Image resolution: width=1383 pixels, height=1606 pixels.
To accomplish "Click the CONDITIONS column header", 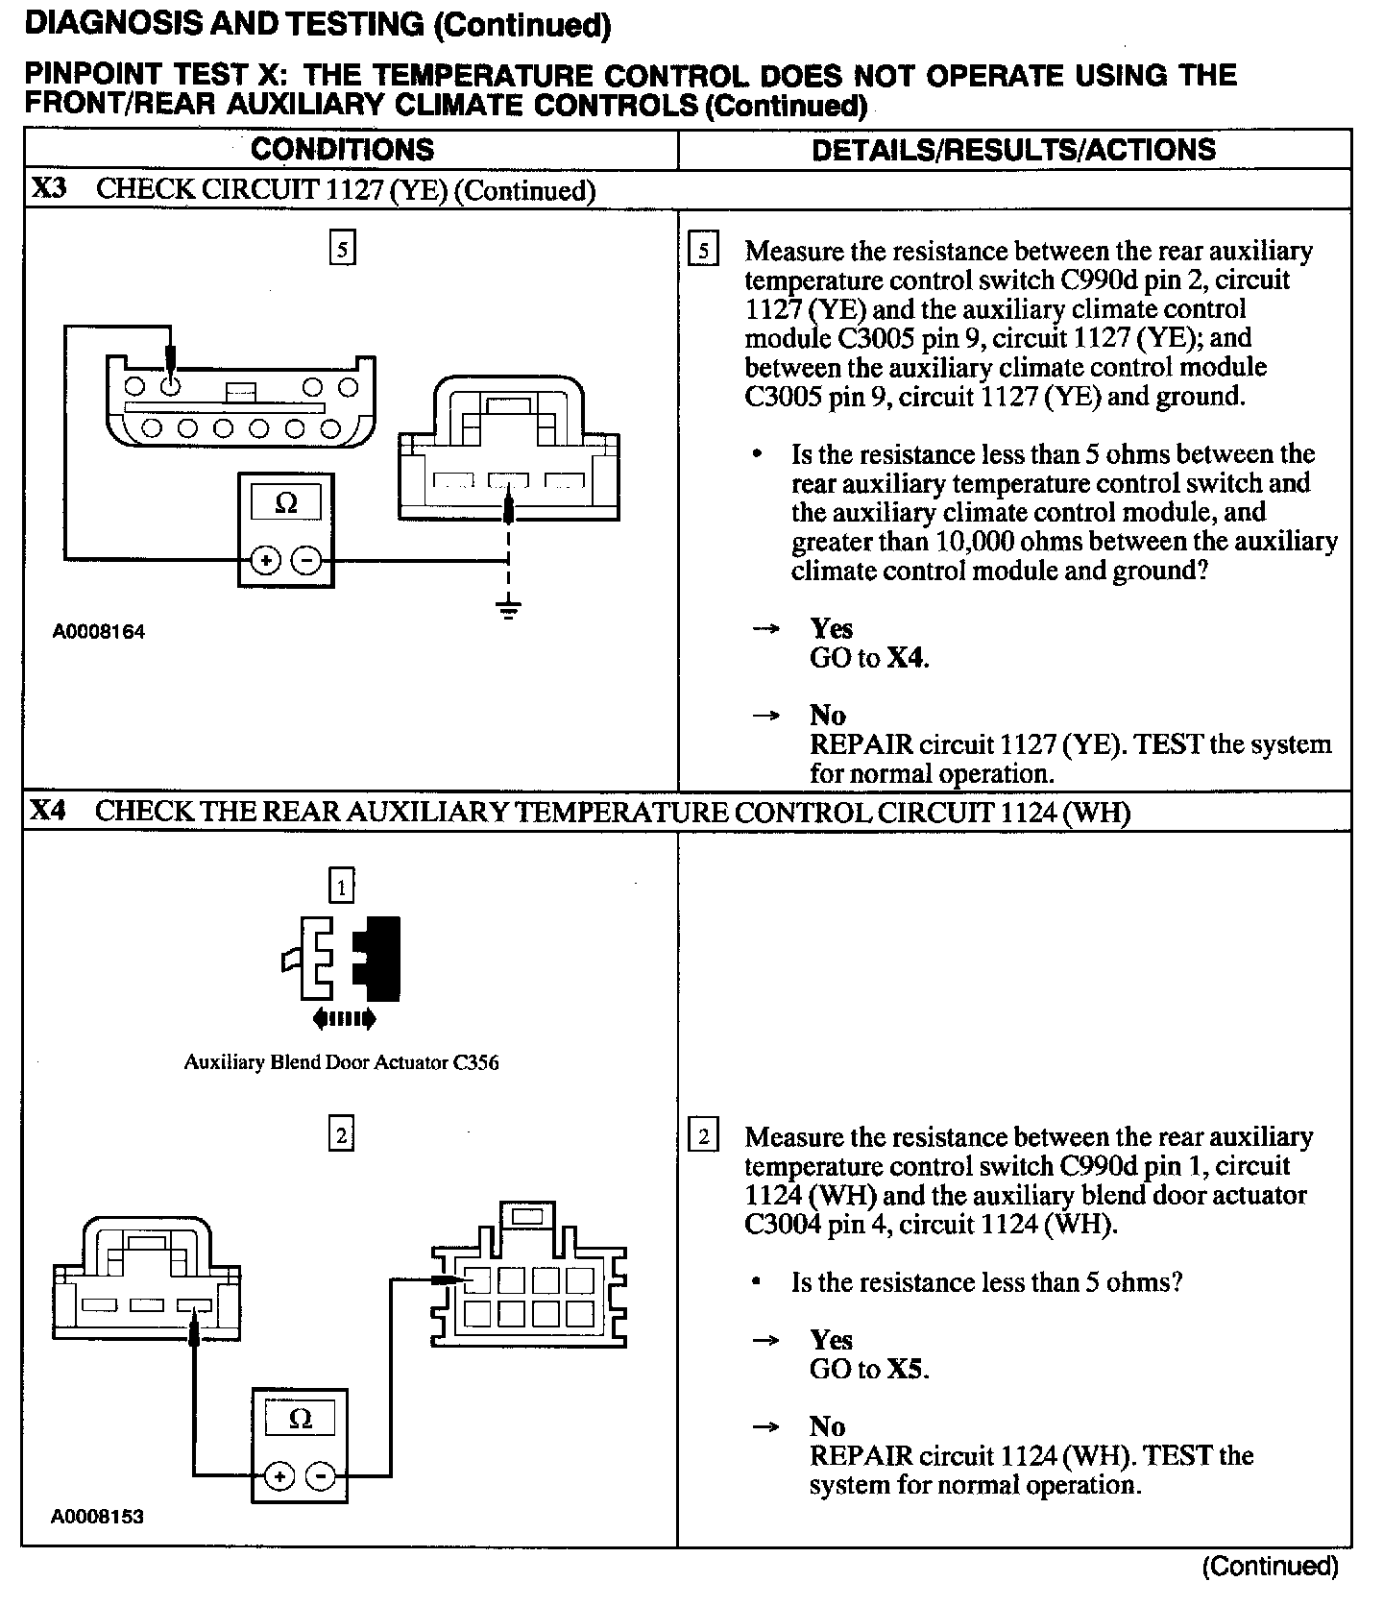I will pyautogui.click(x=342, y=150).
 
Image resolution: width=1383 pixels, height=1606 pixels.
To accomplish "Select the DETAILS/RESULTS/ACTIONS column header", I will pyautogui.click(x=1013, y=150).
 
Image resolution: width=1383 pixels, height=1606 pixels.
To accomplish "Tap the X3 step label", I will pyautogui.click(x=48, y=188).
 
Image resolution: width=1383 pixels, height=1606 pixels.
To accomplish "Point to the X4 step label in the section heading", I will pyautogui.click(x=48, y=811).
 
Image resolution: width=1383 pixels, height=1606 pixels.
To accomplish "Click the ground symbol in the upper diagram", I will pyautogui.click(x=509, y=609).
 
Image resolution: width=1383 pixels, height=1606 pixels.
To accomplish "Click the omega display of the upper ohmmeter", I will pyautogui.click(x=286, y=502).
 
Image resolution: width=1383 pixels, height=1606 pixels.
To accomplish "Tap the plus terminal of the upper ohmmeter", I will pyautogui.click(x=266, y=560).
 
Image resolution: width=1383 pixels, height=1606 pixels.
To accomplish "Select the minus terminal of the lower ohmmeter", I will pyautogui.click(x=324, y=1475).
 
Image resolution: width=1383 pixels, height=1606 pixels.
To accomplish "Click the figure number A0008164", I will pyautogui.click(x=99, y=632).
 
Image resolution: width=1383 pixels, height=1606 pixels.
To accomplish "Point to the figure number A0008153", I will pyautogui.click(x=98, y=1517).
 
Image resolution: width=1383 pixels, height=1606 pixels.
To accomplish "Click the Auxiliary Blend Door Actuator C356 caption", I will pyautogui.click(x=341, y=1062).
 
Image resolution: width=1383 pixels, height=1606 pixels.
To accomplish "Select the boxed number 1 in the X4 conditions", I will pyautogui.click(x=341, y=886).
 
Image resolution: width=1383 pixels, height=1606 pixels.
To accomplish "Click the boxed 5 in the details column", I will pyautogui.click(x=704, y=252).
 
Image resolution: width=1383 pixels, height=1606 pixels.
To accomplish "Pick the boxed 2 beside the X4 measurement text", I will pyautogui.click(x=704, y=1137).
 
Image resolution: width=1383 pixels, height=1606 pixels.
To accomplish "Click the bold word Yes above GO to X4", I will pyautogui.click(x=831, y=628).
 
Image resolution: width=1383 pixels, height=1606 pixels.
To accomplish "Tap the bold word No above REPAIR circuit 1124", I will pyautogui.click(x=827, y=1426).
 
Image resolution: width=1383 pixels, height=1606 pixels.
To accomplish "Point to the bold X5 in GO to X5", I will pyautogui.click(x=906, y=1369).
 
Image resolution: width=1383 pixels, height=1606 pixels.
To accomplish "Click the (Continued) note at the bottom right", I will pyautogui.click(x=1270, y=1567).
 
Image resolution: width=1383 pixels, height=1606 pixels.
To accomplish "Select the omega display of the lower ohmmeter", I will pyautogui.click(x=300, y=1419).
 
